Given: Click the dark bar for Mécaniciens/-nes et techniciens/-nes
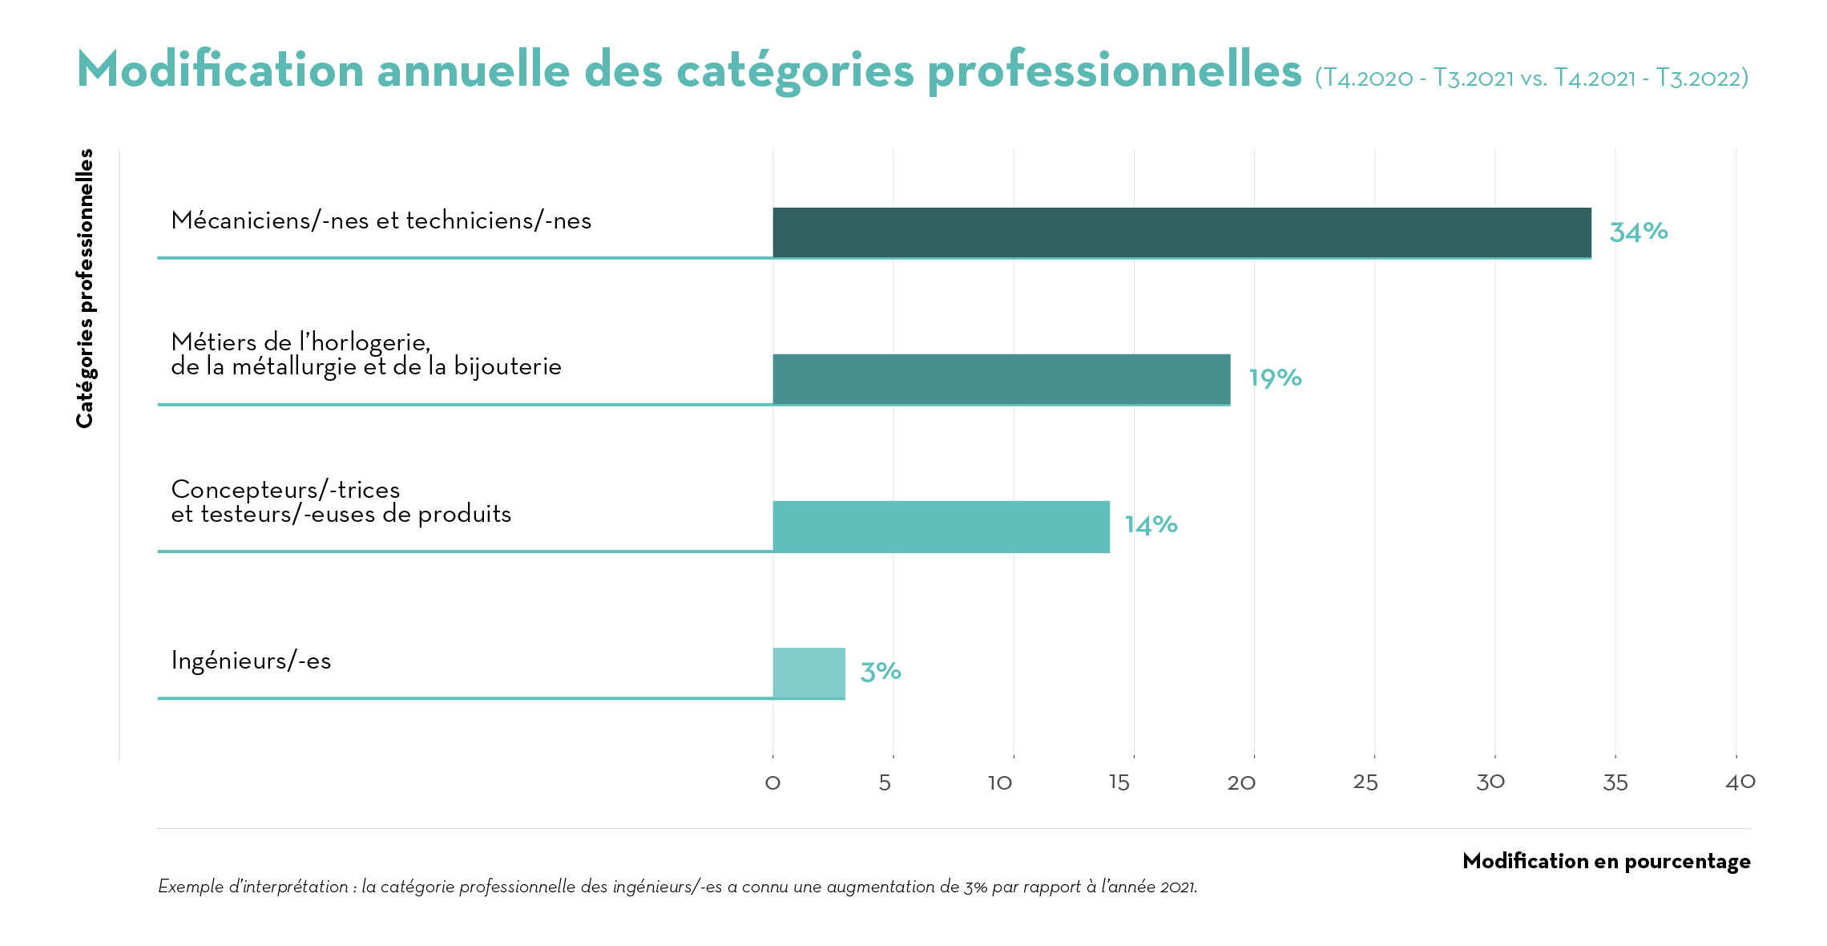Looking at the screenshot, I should [1181, 232].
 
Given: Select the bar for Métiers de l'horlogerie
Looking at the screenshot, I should [1001, 379].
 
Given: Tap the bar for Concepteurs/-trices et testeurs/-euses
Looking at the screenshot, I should [941, 526].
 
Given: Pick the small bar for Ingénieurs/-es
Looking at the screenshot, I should [809, 673].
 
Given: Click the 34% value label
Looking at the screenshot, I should [1638, 232].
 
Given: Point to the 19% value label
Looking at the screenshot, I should [1275, 378].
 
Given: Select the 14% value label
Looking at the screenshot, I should [1151, 525].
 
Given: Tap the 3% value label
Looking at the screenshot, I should [881, 672].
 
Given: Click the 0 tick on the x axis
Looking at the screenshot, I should [772, 782].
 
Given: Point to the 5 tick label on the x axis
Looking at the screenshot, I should [885, 782].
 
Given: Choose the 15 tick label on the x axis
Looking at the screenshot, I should [1119, 782].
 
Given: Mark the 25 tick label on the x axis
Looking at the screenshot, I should [1365, 782].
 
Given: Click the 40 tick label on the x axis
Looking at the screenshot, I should [1740, 782].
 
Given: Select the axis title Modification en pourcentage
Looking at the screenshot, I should [1606, 861].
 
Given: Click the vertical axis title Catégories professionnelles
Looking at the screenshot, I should [85, 289].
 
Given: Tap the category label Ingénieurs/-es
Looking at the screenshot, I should [251, 661].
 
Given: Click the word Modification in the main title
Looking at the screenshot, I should [220, 70].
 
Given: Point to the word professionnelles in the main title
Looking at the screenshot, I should [1114, 70].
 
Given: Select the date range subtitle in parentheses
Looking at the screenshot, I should [1531, 78].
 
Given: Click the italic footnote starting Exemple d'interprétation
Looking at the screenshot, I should [677, 887].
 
